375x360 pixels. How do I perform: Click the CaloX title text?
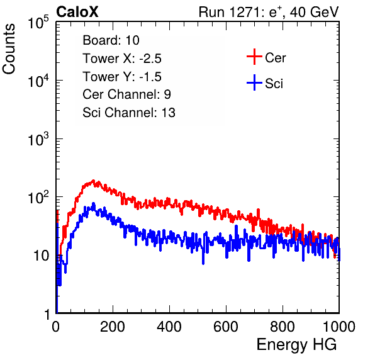[77, 12]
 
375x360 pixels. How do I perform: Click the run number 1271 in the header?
[244, 12]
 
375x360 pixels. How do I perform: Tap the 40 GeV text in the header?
[314, 12]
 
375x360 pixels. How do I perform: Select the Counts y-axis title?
[9, 49]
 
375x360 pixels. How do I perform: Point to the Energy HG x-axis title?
[296, 345]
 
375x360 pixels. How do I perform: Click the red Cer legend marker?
[254, 57]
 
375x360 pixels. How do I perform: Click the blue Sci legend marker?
[254, 82]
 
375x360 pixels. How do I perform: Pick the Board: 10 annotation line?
[111, 40]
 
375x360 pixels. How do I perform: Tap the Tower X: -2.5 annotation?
[122, 59]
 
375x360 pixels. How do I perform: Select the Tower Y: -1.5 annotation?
[122, 77]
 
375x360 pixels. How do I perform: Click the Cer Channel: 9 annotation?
[126, 94]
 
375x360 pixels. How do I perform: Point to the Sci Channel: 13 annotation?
[129, 113]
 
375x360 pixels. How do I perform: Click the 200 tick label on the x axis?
[113, 327]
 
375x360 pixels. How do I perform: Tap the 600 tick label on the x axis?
[226, 327]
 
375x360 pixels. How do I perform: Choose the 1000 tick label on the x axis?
[339, 327]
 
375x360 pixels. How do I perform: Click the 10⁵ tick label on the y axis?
[38, 23]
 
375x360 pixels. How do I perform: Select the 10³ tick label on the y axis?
[38, 139]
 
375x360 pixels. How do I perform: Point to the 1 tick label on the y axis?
[48, 314]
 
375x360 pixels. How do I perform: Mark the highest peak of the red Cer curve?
[94, 181]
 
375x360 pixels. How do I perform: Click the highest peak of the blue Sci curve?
[94, 203]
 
